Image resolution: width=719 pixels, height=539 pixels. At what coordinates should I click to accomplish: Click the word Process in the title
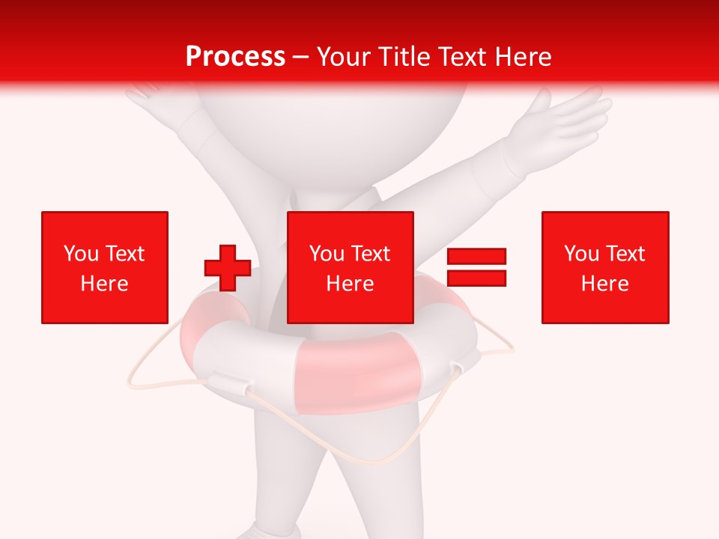pos(235,57)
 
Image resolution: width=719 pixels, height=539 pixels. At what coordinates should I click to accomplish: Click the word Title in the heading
pos(403,57)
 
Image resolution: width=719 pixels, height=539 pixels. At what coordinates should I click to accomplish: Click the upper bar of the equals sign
pos(476,257)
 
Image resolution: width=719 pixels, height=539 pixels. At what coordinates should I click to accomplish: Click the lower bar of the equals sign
pos(476,278)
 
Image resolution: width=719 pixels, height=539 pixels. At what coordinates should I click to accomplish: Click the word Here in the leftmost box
pos(105,284)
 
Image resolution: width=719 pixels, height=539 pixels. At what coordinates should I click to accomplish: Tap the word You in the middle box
pos(327,254)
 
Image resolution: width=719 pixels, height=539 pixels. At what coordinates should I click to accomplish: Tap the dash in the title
pos(301,57)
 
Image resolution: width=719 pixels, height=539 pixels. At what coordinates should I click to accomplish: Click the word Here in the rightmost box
pos(605,284)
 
